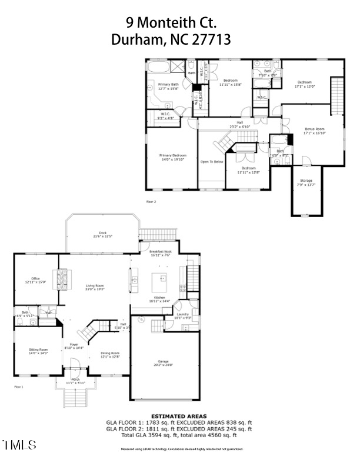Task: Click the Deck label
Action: coord(102,234)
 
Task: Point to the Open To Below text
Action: coord(212,162)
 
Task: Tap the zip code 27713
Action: coord(210,40)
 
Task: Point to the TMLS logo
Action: coord(19,445)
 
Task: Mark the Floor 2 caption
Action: coord(151,201)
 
